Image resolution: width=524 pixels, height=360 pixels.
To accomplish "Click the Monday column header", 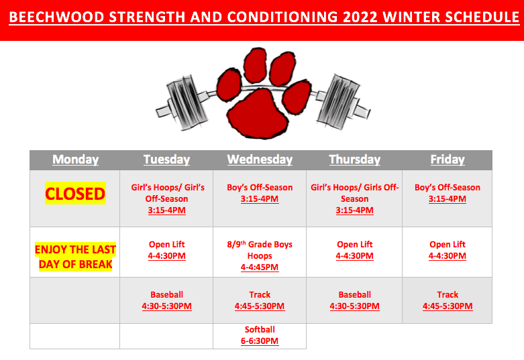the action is coord(76,160).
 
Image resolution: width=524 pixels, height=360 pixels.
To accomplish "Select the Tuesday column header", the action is coord(167,160).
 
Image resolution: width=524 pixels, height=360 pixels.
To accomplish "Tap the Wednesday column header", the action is coord(260,160).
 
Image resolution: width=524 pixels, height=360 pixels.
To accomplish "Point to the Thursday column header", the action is coord(354,160).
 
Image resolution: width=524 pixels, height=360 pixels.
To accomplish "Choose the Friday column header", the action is coord(448,160).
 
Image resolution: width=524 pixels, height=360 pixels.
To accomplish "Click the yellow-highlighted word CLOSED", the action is coord(75,193).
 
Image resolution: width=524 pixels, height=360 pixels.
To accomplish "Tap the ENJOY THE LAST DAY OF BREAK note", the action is coord(75,257).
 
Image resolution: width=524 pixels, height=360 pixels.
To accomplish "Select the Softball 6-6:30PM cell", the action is coord(260,335).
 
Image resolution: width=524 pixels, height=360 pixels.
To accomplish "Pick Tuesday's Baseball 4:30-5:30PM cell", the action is coord(167,300).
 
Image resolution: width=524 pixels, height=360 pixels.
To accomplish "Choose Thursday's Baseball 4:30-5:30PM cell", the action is coord(354,300).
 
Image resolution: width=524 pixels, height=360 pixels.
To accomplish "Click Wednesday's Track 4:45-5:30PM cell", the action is coord(260,300).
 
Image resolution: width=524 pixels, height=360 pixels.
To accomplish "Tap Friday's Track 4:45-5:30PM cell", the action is coord(448,300).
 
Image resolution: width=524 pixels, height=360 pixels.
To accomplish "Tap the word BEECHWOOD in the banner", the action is coord(56,17).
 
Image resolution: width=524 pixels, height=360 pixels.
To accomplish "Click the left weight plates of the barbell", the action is coord(187,101).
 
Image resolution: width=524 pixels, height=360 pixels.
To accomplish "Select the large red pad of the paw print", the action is coord(258,114).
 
